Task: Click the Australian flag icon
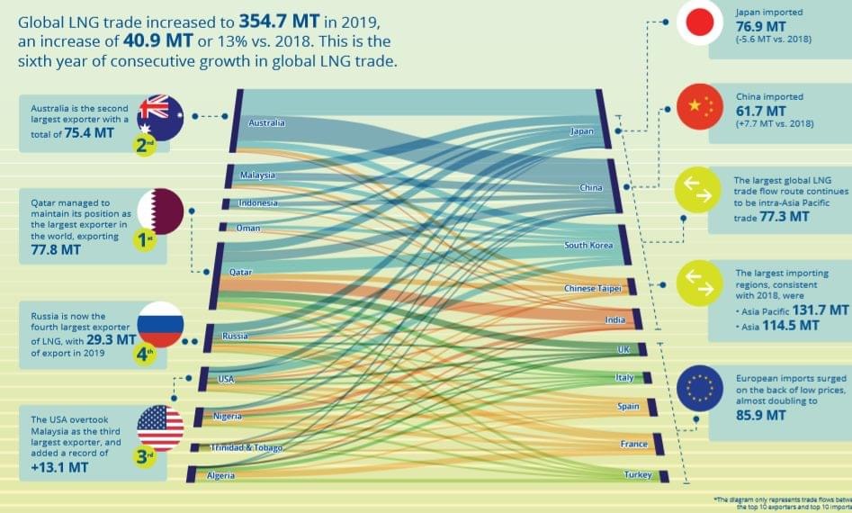(x=161, y=116)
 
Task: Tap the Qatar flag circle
(x=161, y=211)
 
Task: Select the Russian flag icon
(x=161, y=325)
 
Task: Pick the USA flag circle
(x=160, y=428)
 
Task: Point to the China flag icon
(x=699, y=108)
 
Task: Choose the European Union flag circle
(x=699, y=388)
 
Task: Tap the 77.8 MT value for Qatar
(x=55, y=249)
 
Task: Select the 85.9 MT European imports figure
(x=761, y=416)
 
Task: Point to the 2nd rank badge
(x=146, y=145)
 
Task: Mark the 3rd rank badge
(x=146, y=457)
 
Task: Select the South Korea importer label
(x=588, y=246)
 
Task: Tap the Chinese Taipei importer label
(x=592, y=288)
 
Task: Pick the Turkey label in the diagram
(x=637, y=474)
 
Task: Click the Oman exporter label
(x=247, y=229)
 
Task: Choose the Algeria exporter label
(x=221, y=474)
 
